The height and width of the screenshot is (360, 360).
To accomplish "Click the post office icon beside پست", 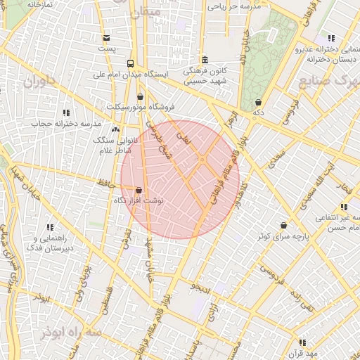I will pos(106,38).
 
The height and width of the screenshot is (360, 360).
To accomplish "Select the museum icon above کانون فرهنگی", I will pos(204,60).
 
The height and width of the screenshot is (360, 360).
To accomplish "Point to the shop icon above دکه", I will pos(258,102).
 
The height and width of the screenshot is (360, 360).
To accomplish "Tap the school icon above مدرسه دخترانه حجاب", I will pos(66,112).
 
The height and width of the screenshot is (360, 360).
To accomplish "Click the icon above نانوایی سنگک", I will pos(115,129).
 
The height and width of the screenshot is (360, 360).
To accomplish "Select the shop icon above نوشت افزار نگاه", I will pos(138,190).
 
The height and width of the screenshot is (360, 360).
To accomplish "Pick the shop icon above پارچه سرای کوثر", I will pos(283,225).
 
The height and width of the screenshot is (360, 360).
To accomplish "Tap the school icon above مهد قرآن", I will pos(302,342).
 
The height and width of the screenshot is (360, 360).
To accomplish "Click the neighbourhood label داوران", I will pos(39,82).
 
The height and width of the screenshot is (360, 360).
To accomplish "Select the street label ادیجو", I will pos(200,286).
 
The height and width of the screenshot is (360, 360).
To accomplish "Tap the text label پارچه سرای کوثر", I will pos(282,237).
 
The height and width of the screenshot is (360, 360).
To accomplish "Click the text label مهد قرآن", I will pos(307,353).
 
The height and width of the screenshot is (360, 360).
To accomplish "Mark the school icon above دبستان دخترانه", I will pos(330,38).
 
